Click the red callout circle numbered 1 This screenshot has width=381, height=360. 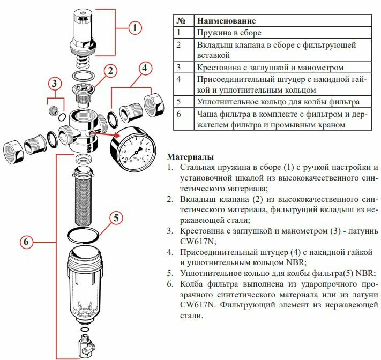135,27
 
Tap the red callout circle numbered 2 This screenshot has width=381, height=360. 110,70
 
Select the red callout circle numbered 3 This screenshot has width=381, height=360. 54,83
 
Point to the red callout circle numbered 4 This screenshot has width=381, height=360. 145,68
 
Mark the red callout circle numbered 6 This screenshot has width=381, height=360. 27,242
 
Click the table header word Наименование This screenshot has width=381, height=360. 226,21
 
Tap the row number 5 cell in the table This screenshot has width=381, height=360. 179,101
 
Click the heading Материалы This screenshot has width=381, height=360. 191,157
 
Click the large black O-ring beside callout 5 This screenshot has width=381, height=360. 84,235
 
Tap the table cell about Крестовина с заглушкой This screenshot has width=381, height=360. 270,67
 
